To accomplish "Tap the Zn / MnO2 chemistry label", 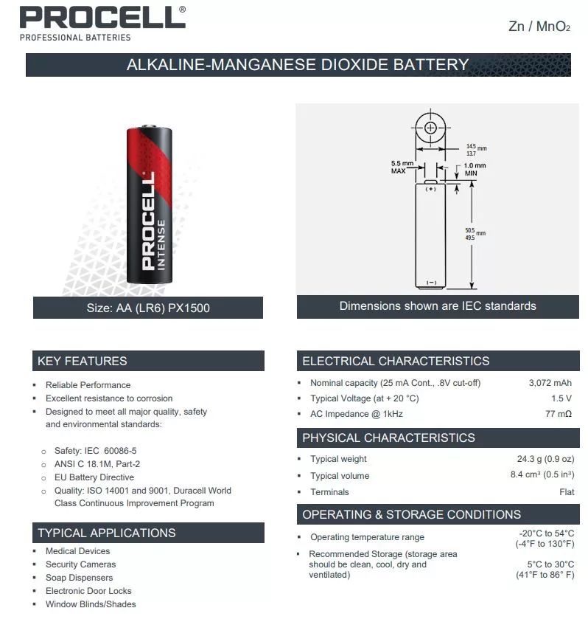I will [539, 27].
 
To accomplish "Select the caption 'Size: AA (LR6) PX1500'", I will [148, 308].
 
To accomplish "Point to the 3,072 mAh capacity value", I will [550, 383].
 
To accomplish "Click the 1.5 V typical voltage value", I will [561, 398].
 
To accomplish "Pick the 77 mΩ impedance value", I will [559, 414].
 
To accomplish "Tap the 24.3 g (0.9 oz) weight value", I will [545, 459].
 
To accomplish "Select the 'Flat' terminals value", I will [567, 492].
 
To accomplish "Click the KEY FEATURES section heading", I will [83, 361].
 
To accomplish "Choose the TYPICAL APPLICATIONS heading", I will [107, 533].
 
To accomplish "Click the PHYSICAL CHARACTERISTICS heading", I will [388, 438].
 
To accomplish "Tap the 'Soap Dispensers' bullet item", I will [80, 578].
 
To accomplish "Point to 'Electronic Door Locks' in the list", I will [88, 591].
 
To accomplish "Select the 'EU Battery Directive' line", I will [94, 477].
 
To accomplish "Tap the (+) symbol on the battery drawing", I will [431, 189].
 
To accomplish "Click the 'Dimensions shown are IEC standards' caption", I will [438, 305].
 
